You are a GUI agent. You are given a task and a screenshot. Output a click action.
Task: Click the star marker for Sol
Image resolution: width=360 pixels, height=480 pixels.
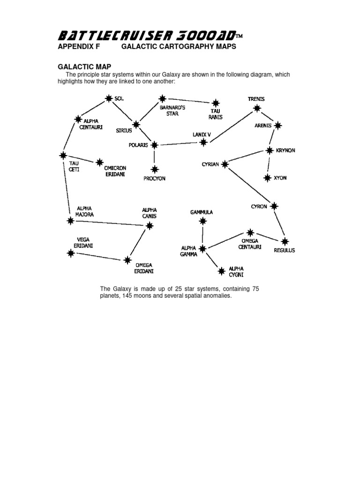tap(109, 98)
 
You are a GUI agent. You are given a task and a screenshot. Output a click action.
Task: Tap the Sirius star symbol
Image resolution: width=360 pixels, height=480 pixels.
tap(136, 125)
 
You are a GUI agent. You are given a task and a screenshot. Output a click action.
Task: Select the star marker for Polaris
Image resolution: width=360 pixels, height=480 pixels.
tap(154, 145)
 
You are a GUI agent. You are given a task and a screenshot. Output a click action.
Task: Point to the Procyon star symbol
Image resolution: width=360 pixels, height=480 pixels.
tap(154, 168)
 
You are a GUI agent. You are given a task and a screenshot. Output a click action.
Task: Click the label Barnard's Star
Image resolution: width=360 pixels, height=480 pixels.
tap(169, 111)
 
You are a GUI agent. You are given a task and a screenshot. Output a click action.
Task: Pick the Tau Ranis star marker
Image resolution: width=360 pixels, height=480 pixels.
tap(215, 103)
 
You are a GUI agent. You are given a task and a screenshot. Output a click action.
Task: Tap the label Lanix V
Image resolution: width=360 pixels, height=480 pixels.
tap(202, 135)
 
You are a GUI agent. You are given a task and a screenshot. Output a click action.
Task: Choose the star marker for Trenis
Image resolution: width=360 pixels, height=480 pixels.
tap(256, 108)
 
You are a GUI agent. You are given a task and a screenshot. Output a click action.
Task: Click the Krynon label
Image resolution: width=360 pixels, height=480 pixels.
tap(285, 150)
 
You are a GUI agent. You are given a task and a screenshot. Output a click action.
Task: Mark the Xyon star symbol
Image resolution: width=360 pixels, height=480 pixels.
tap(267, 178)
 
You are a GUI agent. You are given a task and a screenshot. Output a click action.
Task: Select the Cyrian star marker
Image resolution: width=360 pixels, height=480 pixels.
tap(225, 164)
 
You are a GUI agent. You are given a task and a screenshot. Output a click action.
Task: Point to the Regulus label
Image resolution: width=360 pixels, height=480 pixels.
tap(285, 250)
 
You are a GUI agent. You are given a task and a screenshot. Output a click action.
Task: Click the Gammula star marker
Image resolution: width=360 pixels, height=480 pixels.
tap(202, 222)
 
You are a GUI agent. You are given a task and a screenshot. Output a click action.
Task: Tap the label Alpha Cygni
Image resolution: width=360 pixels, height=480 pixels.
tap(237, 272)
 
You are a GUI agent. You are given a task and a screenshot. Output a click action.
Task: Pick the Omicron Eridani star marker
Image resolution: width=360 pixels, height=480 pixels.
tap(99, 162)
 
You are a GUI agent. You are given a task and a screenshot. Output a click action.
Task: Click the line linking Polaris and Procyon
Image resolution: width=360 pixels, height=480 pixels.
tap(154, 157)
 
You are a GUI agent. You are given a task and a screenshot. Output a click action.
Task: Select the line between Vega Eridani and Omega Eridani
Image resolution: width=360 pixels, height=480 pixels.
tap(99, 256)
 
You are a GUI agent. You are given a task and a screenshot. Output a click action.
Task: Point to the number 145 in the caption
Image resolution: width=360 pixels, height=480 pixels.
tap(126, 296)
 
